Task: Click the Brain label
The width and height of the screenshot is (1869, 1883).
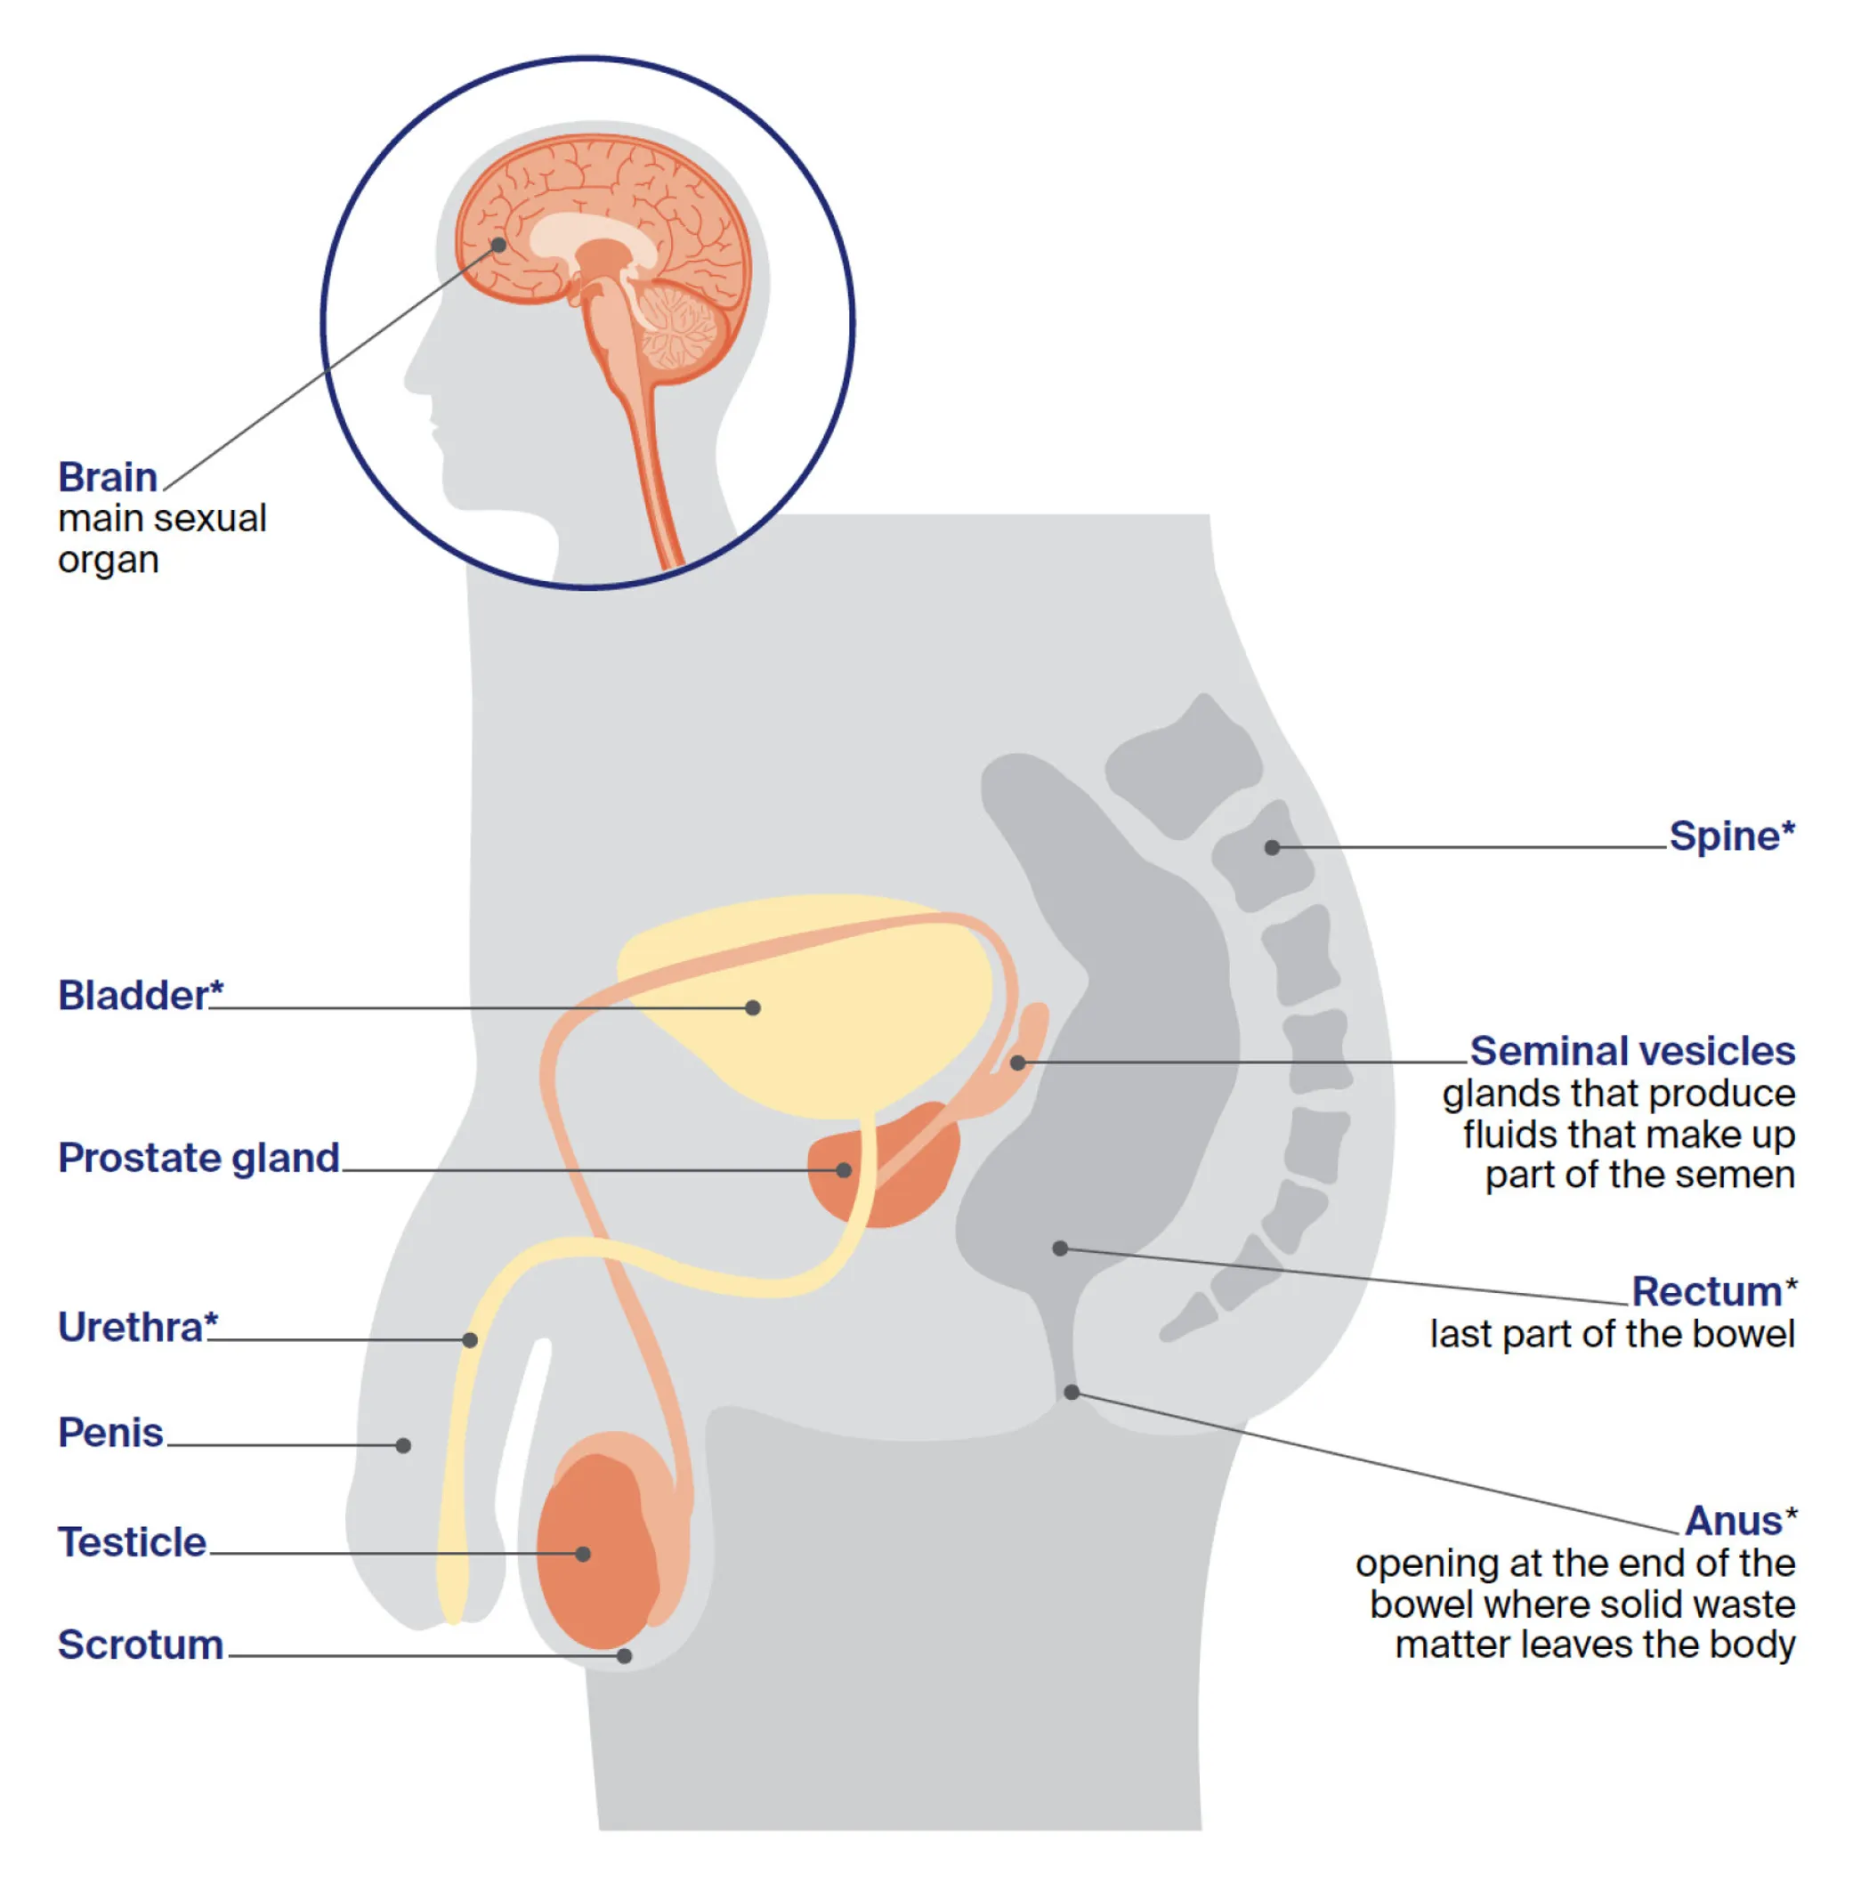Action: (x=108, y=478)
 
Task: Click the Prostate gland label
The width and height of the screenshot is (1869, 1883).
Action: (x=198, y=1158)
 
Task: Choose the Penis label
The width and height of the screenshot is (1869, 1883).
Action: (x=110, y=1433)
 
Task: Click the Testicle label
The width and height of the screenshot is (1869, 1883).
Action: (x=132, y=1542)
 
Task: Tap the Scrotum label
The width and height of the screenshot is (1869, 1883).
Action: (x=141, y=1645)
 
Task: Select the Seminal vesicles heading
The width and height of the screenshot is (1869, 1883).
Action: (x=1631, y=1051)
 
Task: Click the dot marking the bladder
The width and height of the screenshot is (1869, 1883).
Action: (x=753, y=1007)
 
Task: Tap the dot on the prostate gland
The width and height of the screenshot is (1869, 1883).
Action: (x=844, y=1169)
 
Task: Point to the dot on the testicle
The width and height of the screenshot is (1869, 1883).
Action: (x=583, y=1554)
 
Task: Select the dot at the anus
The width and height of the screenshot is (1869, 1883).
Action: (x=1072, y=1392)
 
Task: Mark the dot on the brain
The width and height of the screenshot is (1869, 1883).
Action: (x=498, y=245)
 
